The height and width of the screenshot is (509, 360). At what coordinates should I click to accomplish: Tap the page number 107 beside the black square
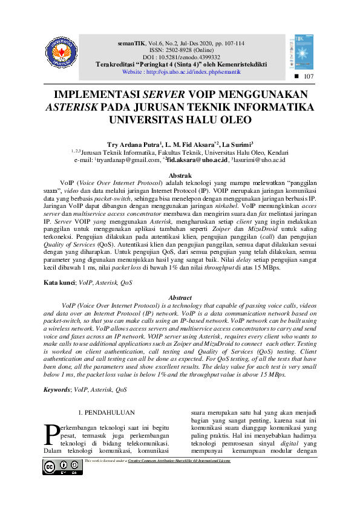[309, 77]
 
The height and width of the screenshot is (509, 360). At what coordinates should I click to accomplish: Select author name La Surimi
[236, 145]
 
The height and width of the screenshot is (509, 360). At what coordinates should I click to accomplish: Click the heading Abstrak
[180, 175]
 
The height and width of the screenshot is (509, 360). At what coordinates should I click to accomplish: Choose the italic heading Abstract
[180, 298]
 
